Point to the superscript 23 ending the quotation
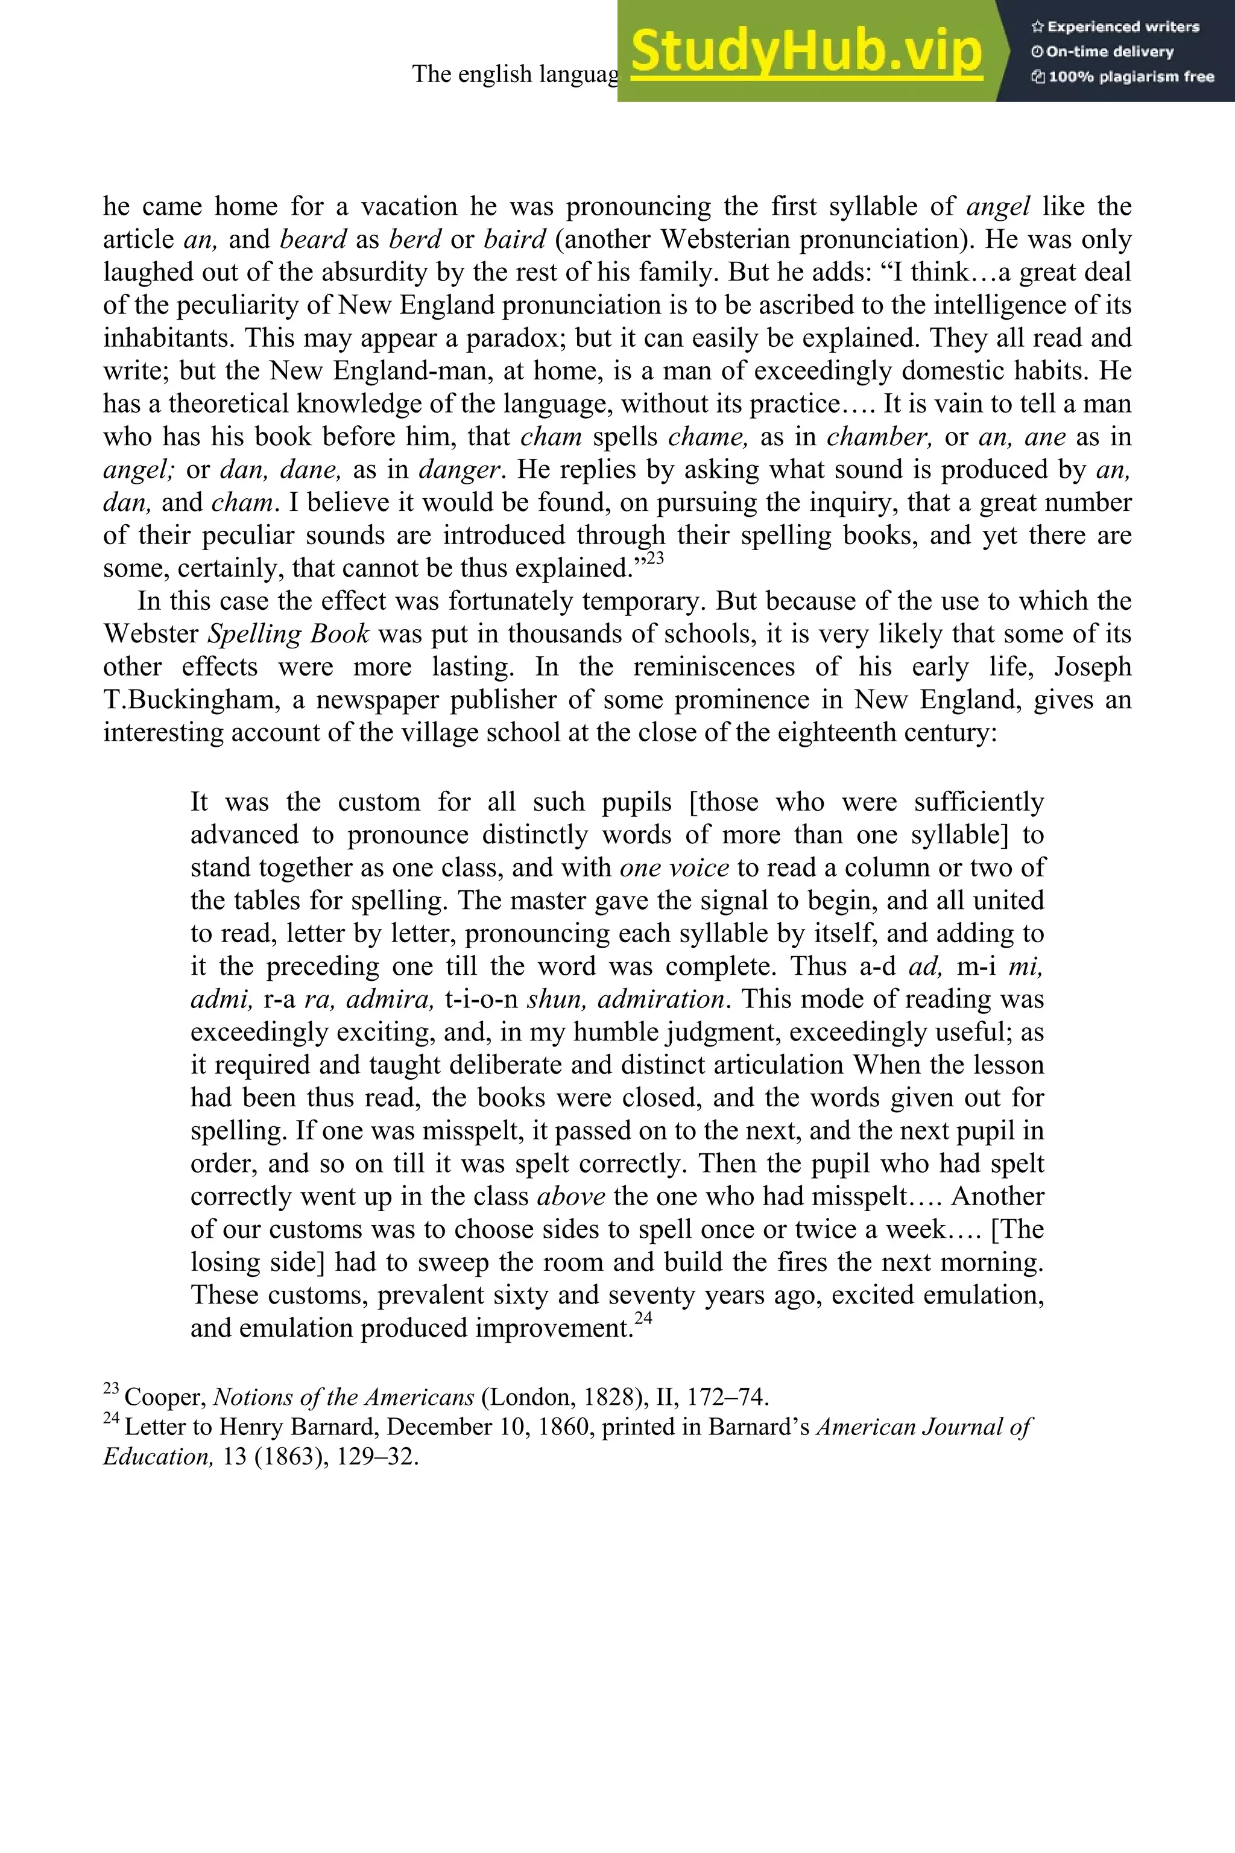(x=655, y=559)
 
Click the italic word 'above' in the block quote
(x=571, y=1197)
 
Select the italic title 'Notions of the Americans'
(x=343, y=1398)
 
